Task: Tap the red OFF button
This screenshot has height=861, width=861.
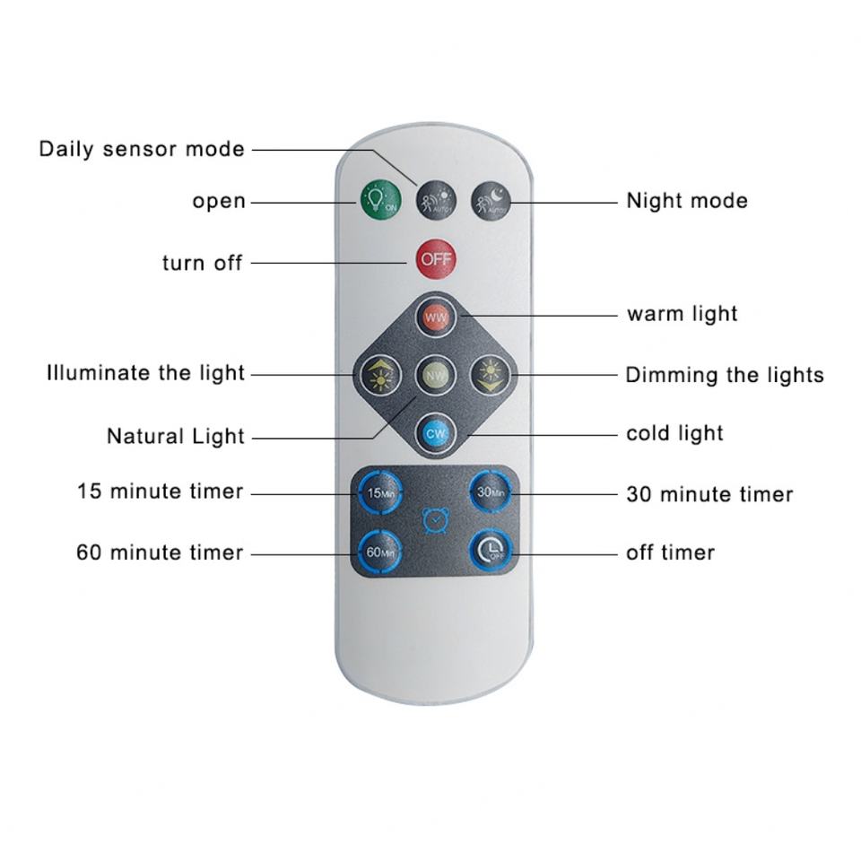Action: point(436,259)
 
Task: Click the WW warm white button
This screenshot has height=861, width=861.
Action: point(436,317)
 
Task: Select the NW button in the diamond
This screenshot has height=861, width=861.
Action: point(436,374)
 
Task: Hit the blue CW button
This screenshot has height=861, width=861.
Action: point(436,433)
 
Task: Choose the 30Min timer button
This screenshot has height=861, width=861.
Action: point(491,491)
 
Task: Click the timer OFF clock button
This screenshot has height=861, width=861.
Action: point(491,551)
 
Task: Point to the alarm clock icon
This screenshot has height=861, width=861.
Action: point(434,521)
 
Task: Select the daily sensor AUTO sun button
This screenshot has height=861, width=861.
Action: point(436,200)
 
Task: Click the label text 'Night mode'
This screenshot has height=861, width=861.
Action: point(686,200)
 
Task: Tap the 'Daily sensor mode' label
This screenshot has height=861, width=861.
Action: point(142,149)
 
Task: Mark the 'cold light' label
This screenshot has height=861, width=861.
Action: point(674,433)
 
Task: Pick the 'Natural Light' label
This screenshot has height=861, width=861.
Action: point(176,437)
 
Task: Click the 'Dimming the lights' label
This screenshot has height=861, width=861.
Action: point(724,374)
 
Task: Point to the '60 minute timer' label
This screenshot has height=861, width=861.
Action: point(160,552)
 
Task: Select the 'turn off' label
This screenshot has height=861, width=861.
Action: point(202,263)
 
